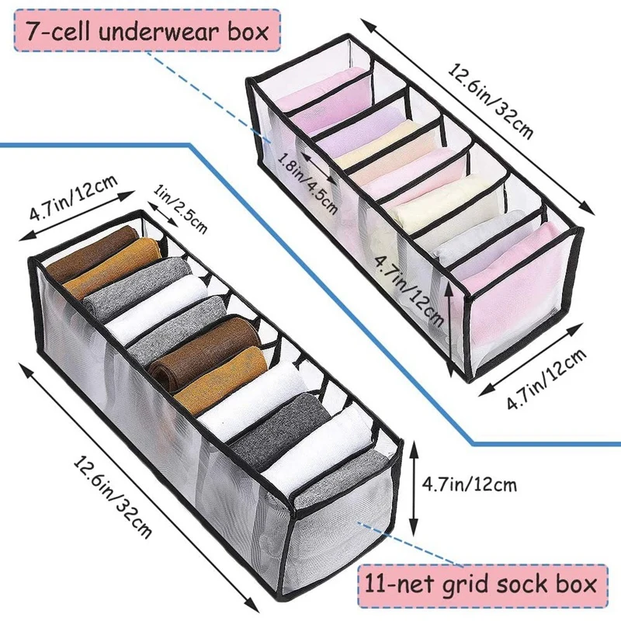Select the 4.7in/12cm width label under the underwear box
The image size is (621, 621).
point(544,381)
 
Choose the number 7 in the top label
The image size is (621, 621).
point(33,32)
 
